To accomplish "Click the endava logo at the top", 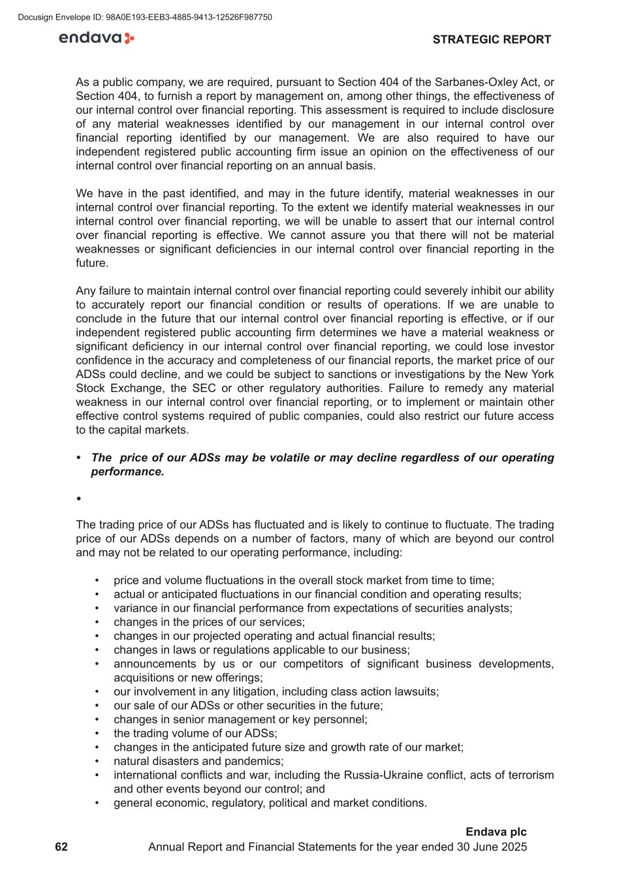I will tap(97, 38).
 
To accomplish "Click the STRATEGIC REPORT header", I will tap(492, 39).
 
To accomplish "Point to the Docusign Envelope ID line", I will tap(145, 17).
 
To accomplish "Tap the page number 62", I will tap(61, 847).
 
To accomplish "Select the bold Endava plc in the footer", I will tap(496, 832).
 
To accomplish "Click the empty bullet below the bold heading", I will tap(79, 499).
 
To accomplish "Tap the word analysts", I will tap(490, 608).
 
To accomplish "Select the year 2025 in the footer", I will tap(513, 847).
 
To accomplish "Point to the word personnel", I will tap(339, 719).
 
